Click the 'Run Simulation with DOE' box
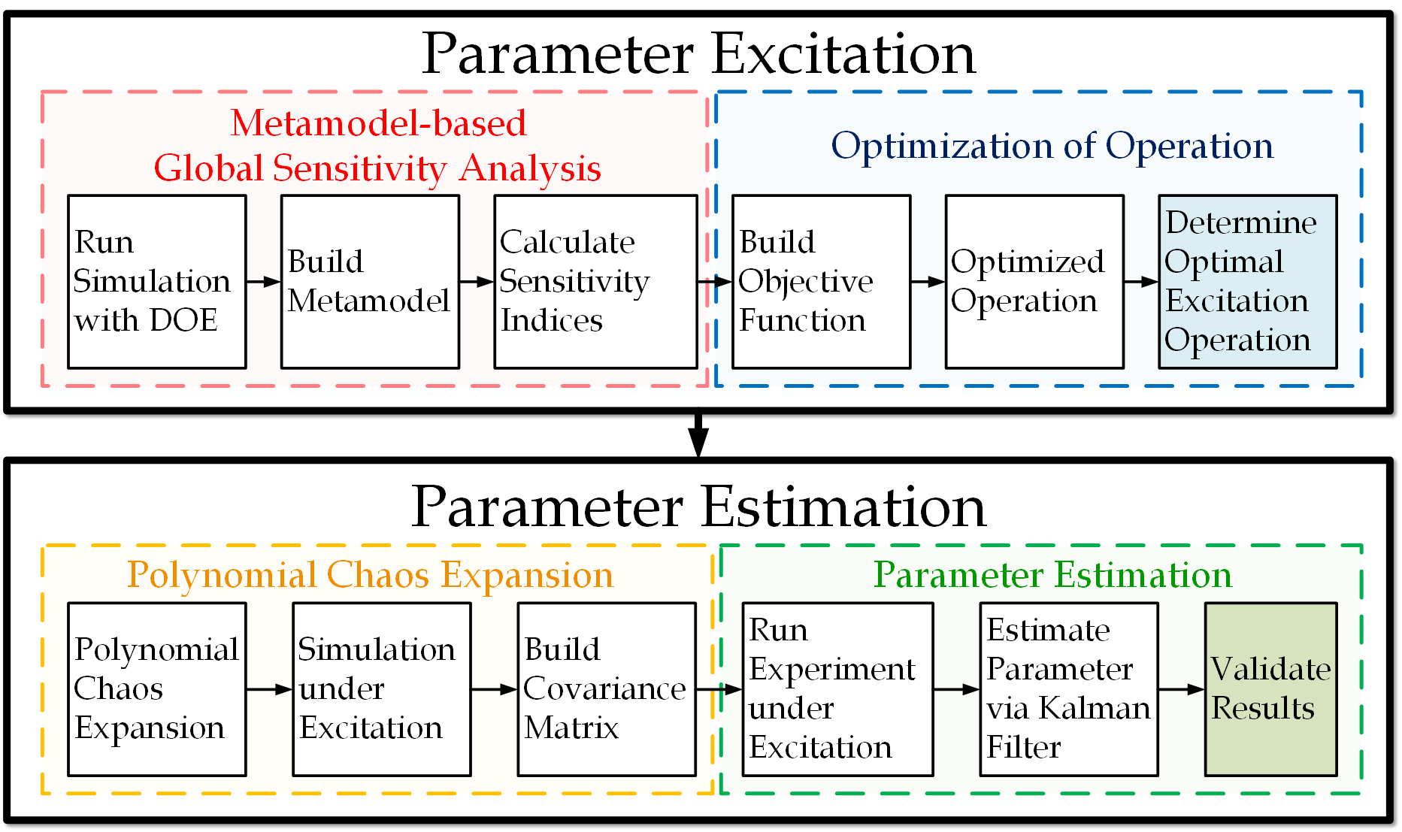157,282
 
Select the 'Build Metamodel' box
370,282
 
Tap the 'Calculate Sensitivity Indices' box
595,282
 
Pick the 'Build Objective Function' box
822,282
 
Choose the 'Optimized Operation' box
1034,282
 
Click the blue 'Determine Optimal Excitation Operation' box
1248,282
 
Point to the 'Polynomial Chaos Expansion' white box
157,689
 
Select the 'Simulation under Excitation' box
382,689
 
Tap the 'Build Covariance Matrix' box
607,689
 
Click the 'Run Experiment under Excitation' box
838,689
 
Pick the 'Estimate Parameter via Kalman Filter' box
1069,689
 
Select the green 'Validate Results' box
1271,689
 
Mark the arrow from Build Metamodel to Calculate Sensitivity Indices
477,282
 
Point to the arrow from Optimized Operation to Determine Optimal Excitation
1141,282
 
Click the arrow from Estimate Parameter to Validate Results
1182,689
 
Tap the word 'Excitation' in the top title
843,54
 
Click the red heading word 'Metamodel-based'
378,123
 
